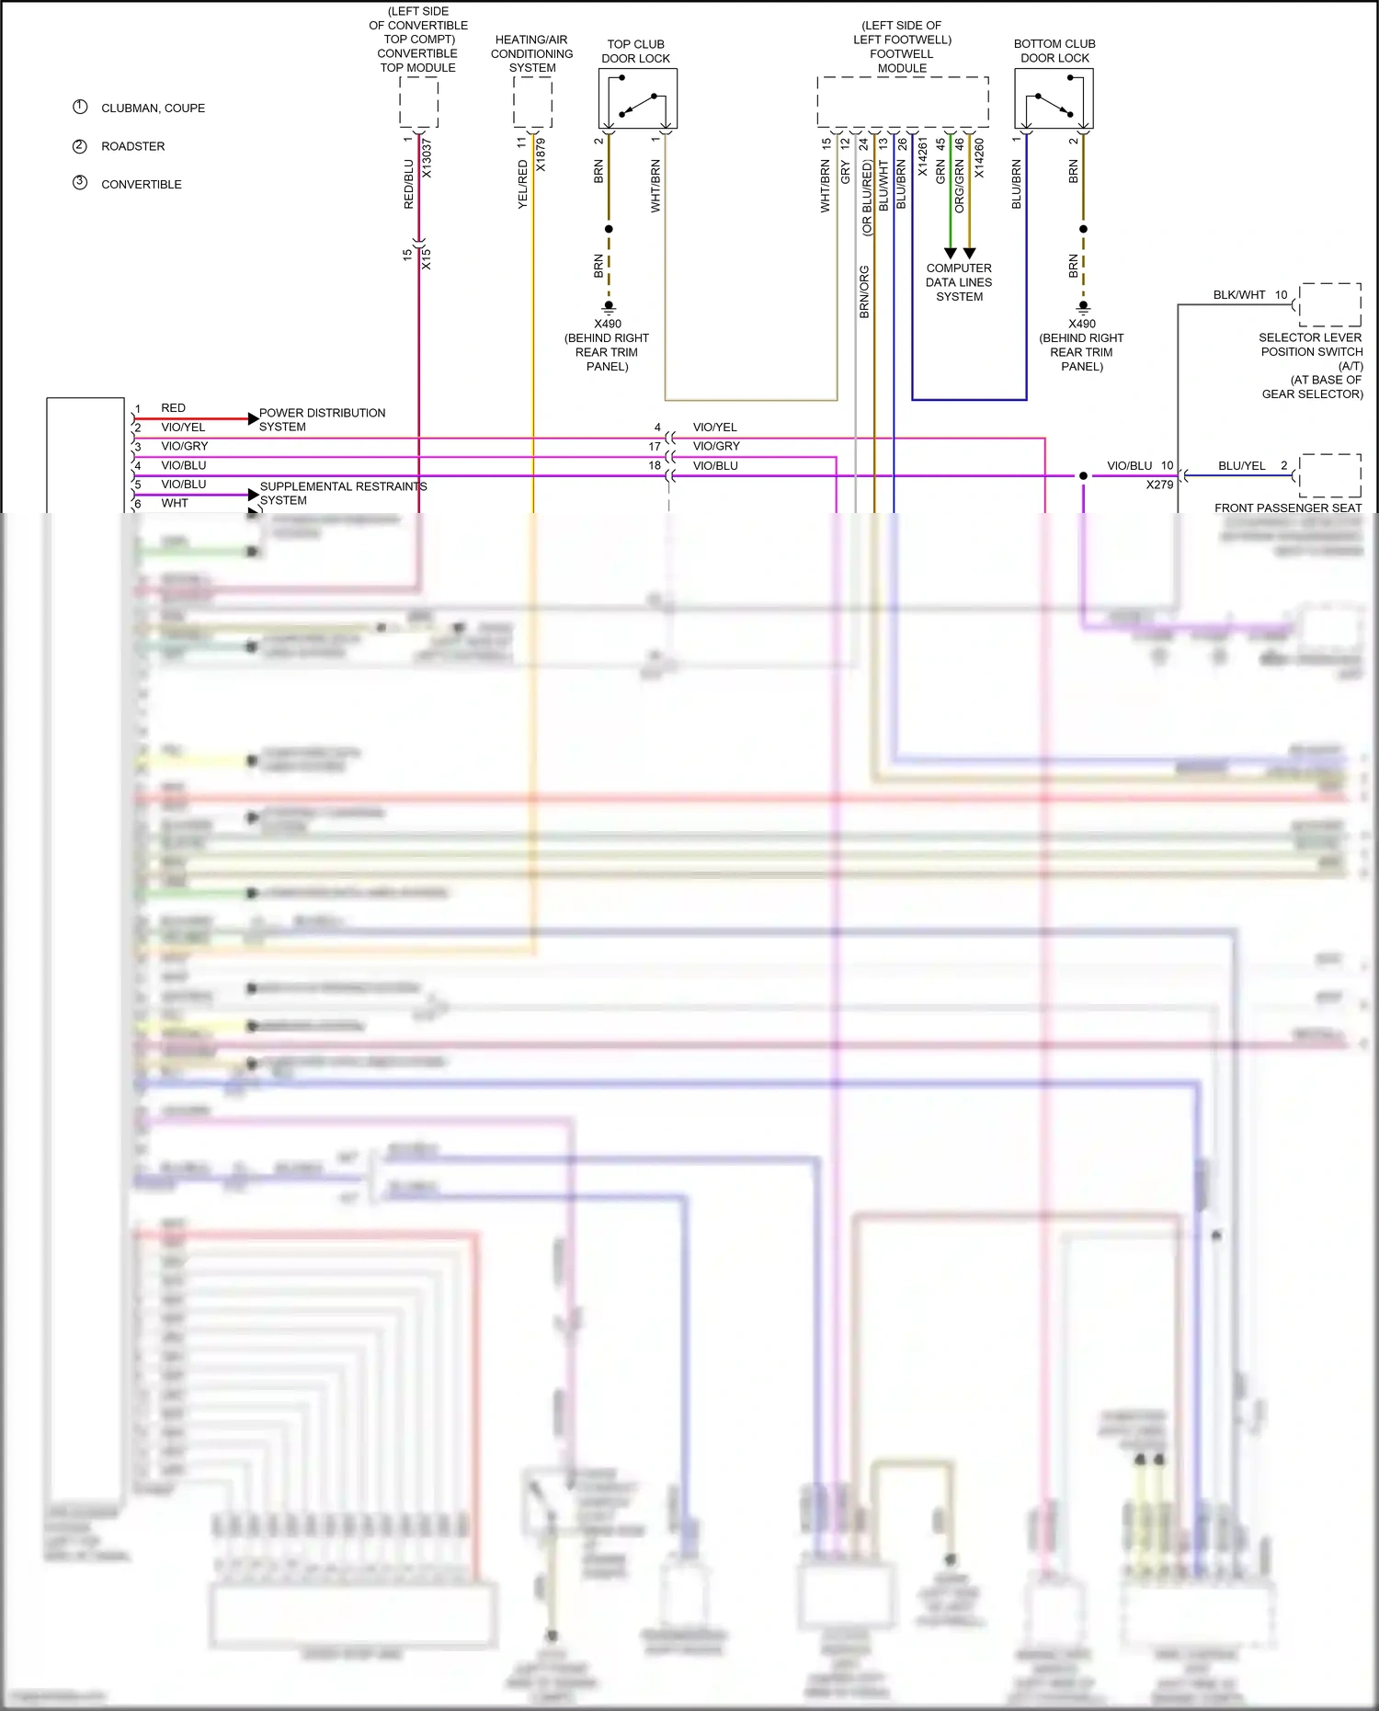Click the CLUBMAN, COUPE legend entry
(x=153, y=108)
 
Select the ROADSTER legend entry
(x=132, y=146)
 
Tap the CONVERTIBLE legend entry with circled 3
(x=141, y=184)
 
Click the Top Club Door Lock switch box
(x=638, y=99)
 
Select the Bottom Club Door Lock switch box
(x=1054, y=99)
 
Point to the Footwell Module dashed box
(x=903, y=102)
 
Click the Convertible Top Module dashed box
(x=418, y=102)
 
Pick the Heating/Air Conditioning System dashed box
(x=532, y=102)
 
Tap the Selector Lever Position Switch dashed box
(x=1330, y=304)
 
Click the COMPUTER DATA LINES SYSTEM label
(x=959, y=282)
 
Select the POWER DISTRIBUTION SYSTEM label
(x=322, y=419)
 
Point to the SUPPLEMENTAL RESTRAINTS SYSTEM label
(x=343, y=493)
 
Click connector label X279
(x=1159, y=485)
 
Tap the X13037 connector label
(x=427, y=158)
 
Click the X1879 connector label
(x=541, y=155)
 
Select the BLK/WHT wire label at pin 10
(x=1239, y=295)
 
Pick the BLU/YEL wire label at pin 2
(x=1242, y=466)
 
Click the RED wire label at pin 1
(x=173, y=408)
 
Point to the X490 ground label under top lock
(x=608, y=324)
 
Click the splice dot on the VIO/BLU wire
(x=1083, y=476)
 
